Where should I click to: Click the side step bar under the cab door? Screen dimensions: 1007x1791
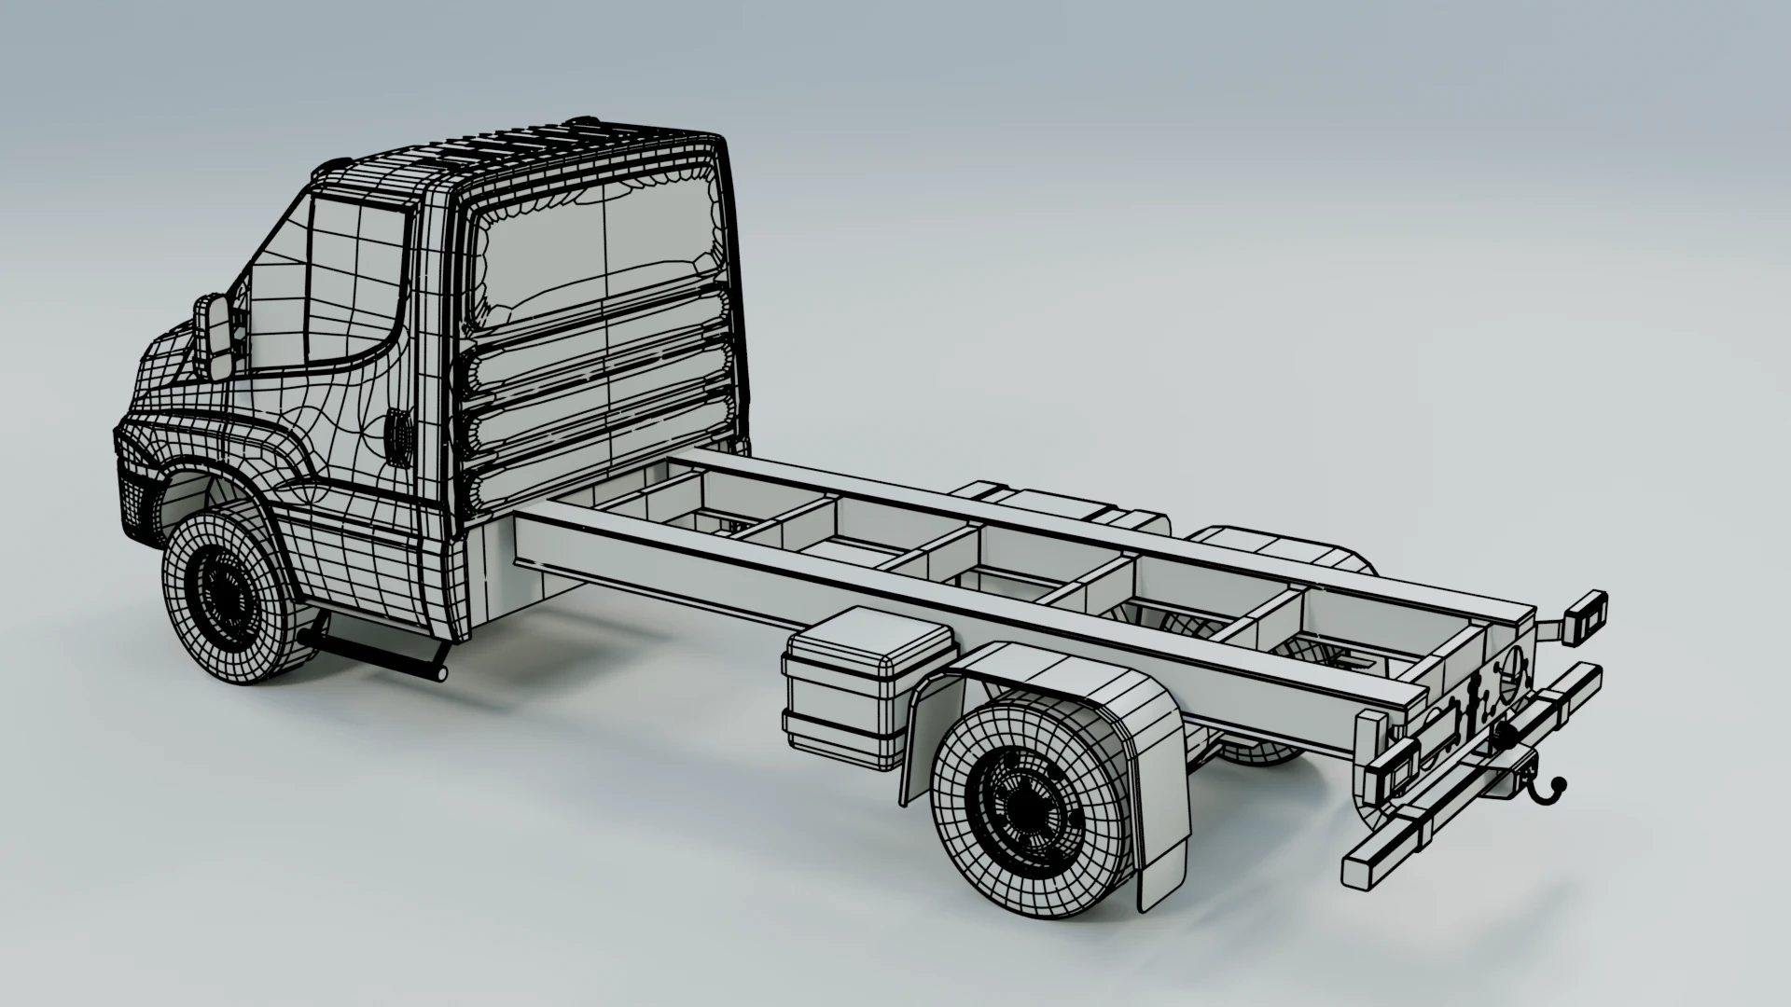[373, 653]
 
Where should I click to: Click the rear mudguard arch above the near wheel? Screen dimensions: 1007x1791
[1073, 690]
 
